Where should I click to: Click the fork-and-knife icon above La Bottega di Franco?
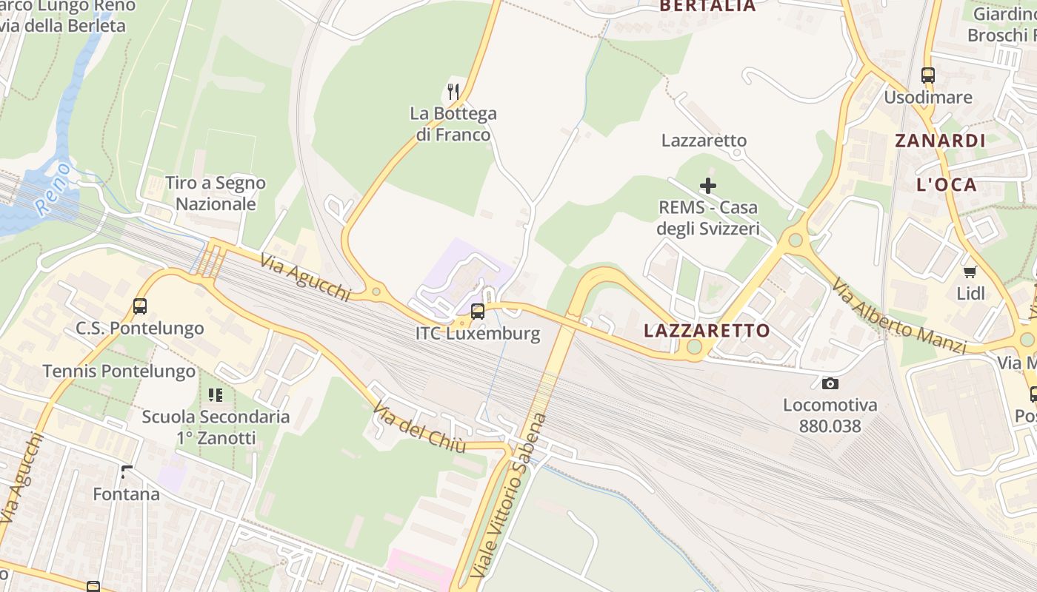pyautogui.click(x=453, y=92)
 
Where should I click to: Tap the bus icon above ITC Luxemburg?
pyautogui.click(x=478, y=311)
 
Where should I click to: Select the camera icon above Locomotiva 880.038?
pyautogui.click(x=830, y=383)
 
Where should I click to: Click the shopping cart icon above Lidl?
pyautogui.click(x=970, y=272)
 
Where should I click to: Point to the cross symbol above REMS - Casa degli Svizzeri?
pyautogui.click(x=708, y=185)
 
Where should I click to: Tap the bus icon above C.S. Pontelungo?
pyautogui.click(x=139, y=306)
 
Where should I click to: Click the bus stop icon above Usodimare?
pyautogui.click(x=927, y=75)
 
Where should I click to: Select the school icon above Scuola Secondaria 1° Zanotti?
pyautogui.click(x=216, y=394)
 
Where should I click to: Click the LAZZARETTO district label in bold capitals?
pyautogui.click(x=707, y=331)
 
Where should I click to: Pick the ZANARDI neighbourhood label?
pyautogui.click(x=940, y=141)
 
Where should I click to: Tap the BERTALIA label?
pyautogui.click(x=707, y=6)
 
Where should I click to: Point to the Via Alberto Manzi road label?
pyautogui.click(x=898, y=316)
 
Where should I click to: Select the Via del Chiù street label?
pyautogui.click(x=419, y=428)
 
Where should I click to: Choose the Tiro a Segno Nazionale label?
pyautogui.click(x=216, y=193)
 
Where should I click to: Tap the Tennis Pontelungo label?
pyautogui.click(x=119, y=371)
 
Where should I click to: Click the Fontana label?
pyautogui.click(x=126, y=494)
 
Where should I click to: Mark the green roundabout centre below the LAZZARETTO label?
pyautogui.click(x=694, y=347)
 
